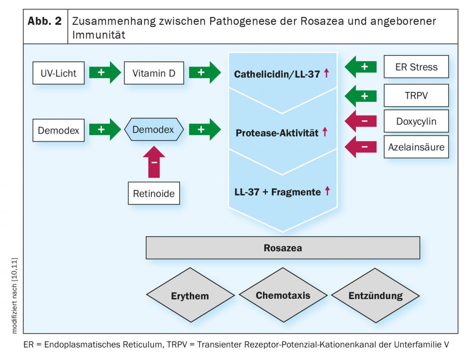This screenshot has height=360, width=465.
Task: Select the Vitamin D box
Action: pyautogui.click(x=153, y=73)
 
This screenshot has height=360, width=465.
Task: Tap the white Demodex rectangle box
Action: pyautogui.click(x=58, y=130)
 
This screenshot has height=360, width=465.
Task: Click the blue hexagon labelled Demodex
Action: pyautogui.click(x=153, y=129)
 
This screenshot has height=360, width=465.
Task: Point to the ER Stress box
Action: pyautogui.click(x=416, y=67)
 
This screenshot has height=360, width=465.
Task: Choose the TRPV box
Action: pyautogui.click(x=416, y=95)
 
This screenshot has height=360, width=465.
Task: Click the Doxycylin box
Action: pyautogui.click(x=416, y=122)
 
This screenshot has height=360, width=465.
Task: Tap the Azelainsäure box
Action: pyautogui.click(x=416, y=147)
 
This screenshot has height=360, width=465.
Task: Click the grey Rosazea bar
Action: pyautogui.click(x=282, y=248)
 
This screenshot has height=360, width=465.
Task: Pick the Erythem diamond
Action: pyautogui.click(x=190, y=296)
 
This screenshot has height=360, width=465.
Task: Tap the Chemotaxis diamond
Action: pyautogui.click(x=283, y=295)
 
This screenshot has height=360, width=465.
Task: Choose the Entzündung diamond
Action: pyautogui.click(x=375, y=295)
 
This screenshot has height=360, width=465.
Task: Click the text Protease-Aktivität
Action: pyautogui.click(x=277, y=133)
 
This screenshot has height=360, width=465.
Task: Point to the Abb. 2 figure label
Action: pyautogui.click(x=45, y=22)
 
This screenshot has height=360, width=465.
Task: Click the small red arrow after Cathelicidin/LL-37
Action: pyautogui.click(x=326, y=74)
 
